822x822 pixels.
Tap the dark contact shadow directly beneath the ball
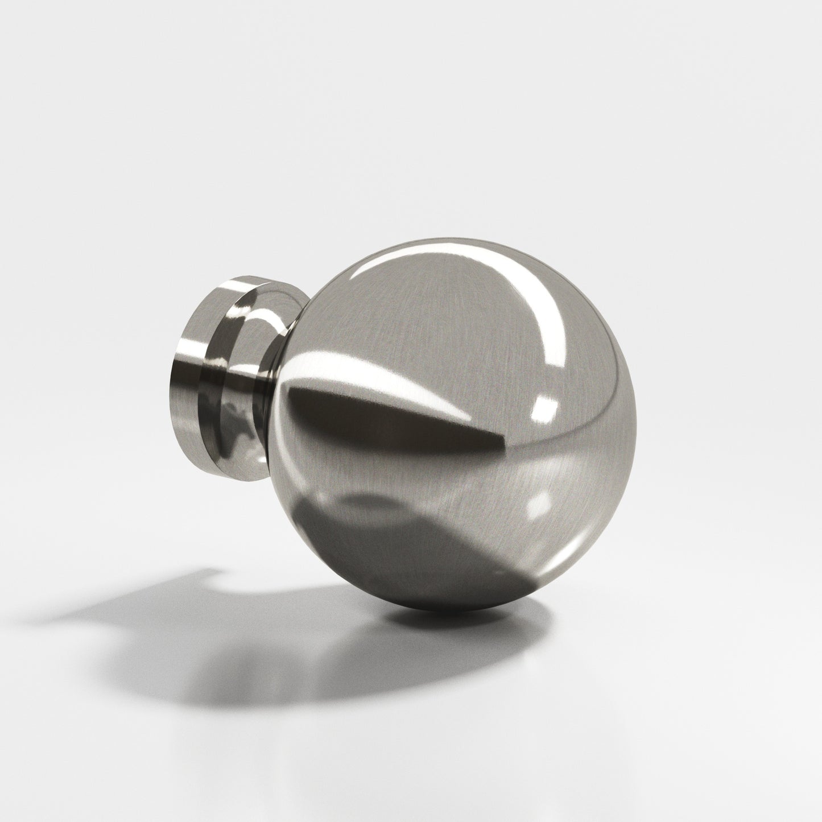point(455,620)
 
